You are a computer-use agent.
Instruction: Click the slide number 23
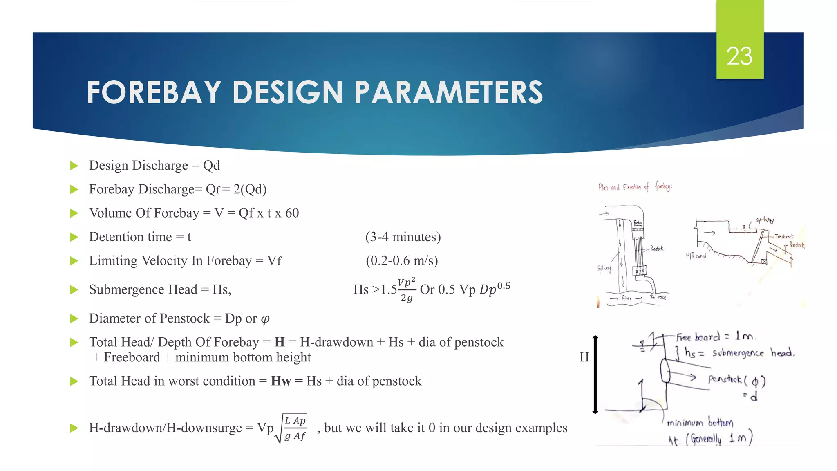[x=739, y=56]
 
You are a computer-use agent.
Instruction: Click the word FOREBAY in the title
[x=154, y=92]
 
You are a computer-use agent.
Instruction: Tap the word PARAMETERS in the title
[x=448, y=92]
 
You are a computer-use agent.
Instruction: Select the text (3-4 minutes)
[x=403, y=237]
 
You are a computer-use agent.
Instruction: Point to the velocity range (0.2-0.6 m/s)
[x=402, y=261]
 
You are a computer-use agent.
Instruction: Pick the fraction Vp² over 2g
[x=407, y=289]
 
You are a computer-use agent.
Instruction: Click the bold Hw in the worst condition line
[x=281, y=381]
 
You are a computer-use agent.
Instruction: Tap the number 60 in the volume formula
[x=292, y=213]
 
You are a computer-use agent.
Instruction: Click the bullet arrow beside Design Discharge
[x=74, y=166]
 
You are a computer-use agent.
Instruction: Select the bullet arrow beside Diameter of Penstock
[x=74, y=318]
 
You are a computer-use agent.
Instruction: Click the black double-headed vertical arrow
[x=595, y=375]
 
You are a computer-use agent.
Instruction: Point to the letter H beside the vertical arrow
[x=584, y=357]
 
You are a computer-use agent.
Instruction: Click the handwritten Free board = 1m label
[x=716, y=337]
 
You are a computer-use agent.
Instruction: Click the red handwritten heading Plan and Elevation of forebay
[x=635, y=187]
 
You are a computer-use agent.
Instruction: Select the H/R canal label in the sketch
[x=696, y=256]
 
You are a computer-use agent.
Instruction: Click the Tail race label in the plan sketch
[x=658, y=297]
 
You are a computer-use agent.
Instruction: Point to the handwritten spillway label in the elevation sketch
[x=764, y=220]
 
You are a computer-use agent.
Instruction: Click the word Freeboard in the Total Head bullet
[x=132, y=357]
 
